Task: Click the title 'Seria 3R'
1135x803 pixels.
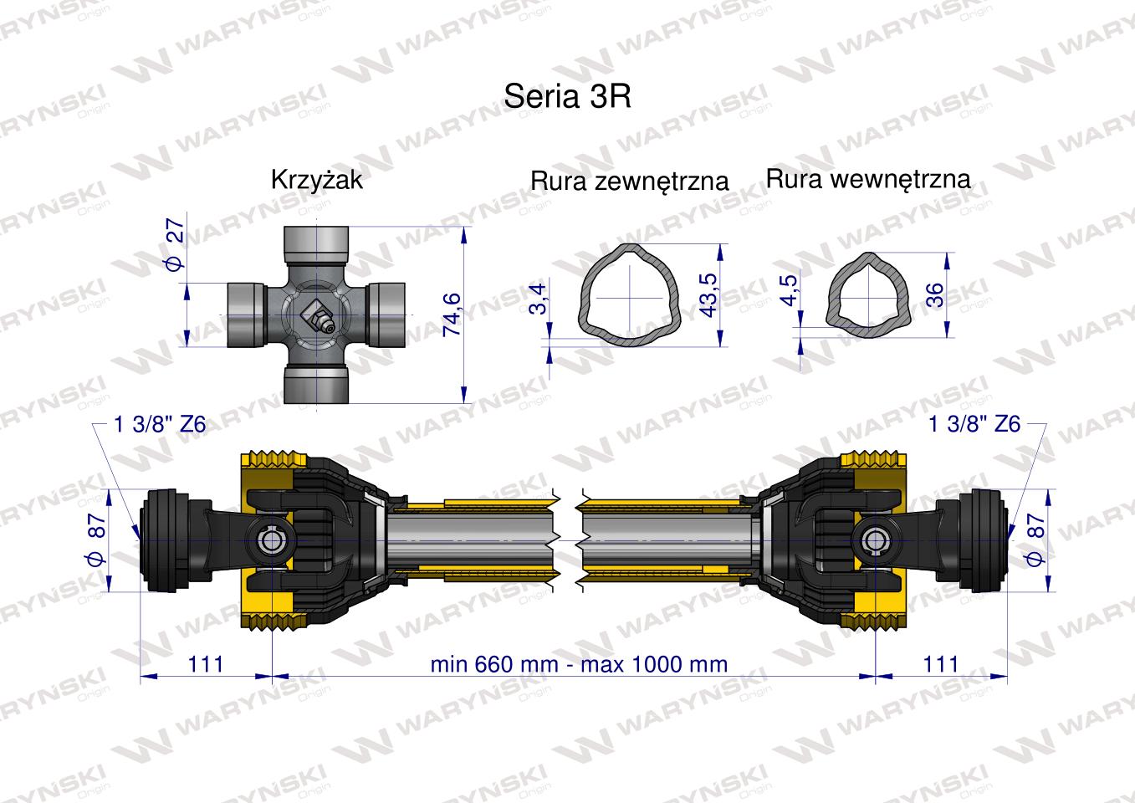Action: click(566, 96)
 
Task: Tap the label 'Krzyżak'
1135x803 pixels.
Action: click(316, 180)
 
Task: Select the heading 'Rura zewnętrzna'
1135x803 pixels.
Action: click(629, 181)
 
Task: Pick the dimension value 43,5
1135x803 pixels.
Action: click(709, 293)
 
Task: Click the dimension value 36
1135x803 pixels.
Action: click(935, 294)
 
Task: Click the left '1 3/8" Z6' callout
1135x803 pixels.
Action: click(158, 424)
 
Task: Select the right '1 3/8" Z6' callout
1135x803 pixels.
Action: click(974, 424)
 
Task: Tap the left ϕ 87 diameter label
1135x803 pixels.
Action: click(97, 540)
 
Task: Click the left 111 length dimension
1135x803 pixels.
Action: click(206, 663)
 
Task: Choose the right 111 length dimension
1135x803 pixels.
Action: click(941, 663)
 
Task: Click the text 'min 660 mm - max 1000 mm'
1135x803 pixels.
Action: click(579, 664)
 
